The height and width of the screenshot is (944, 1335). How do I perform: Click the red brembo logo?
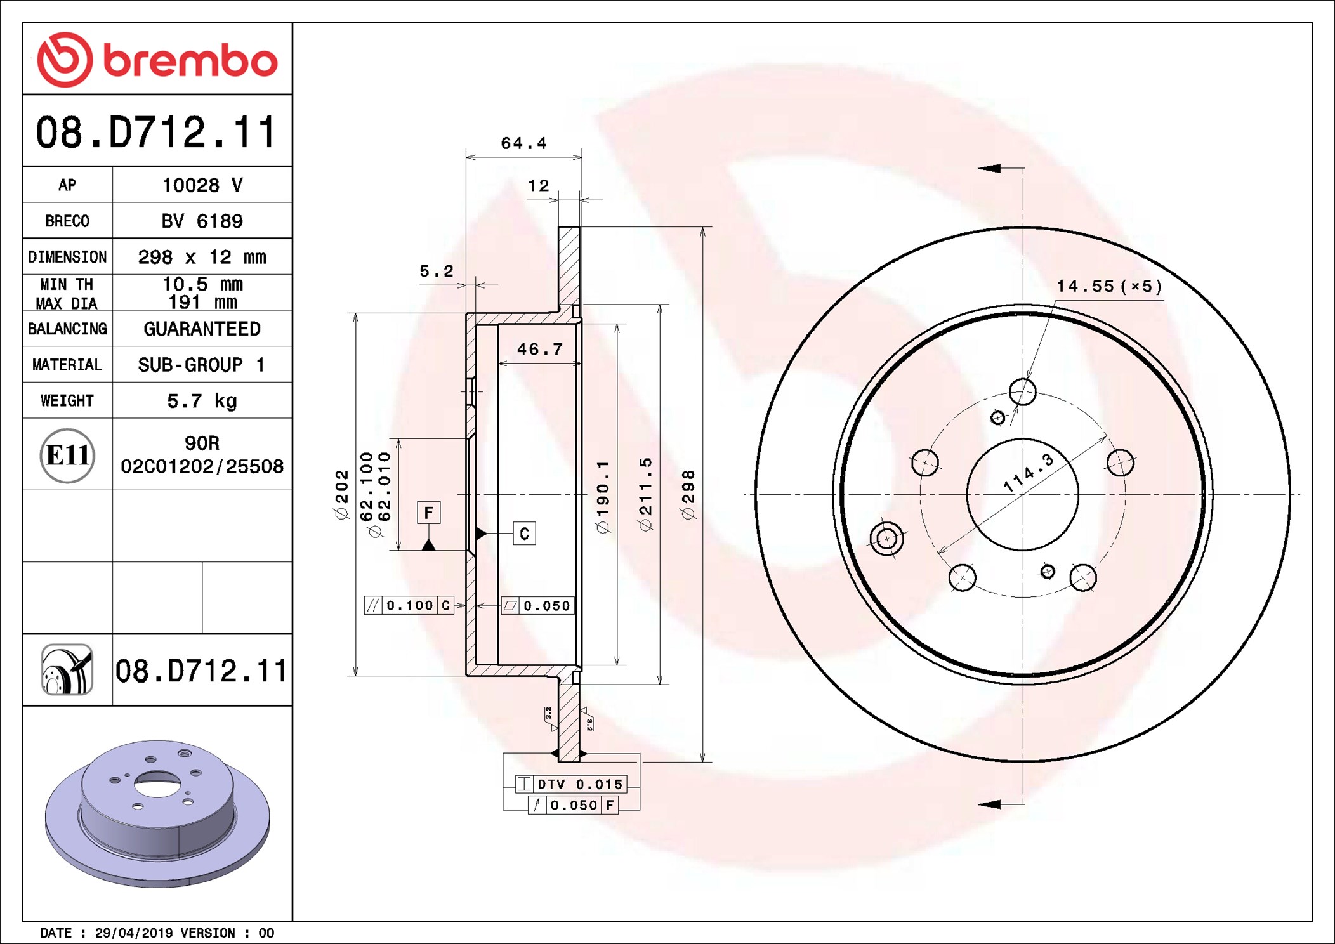pyautogui.click(x=157, y=60)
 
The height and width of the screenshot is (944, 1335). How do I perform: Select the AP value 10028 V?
pyautogui.click(x=202, y=185)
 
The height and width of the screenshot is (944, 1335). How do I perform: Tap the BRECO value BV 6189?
pyautogui.click(x=202, y=221)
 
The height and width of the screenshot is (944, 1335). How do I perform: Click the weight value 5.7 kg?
pyautogui.click(x=202, y=401)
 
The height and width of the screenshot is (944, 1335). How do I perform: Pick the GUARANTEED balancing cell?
pyautogui.click(x=202, y=329)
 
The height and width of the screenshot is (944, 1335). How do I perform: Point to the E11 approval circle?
pyautogui.click(x=67, y=456)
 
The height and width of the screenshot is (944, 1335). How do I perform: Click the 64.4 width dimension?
pyautogui.click(x=523, y=143)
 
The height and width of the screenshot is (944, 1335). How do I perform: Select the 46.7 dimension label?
pyautogui.click(x=539, y=349)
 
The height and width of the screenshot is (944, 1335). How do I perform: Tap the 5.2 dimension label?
pyautogui.click(x=437, y=271)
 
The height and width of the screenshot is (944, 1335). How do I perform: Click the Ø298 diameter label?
pyautogui.click(x=688, y=495)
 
